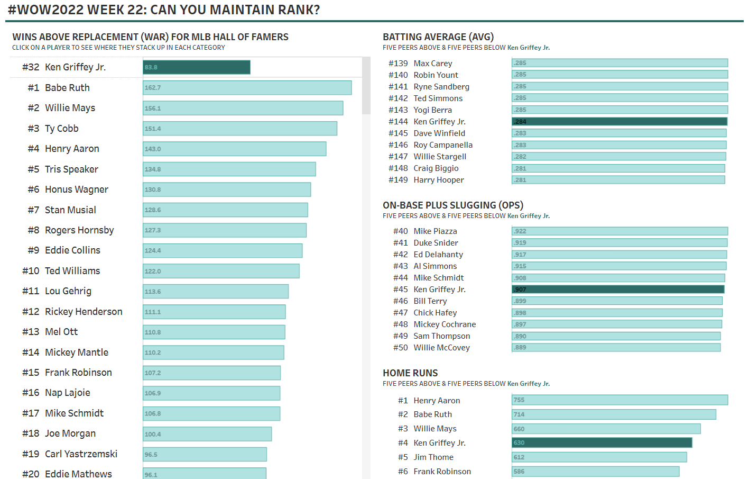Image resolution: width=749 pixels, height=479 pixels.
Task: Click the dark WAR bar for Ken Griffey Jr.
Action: [x=197, y=67]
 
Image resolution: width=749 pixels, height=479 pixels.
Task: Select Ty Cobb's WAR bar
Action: [x=240, y=129]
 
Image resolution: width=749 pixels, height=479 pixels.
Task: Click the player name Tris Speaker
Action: [x=71, y=169]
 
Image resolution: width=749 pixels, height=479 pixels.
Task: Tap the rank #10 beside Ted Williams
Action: [x=31, y=271]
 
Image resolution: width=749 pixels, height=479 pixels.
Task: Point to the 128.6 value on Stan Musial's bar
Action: [x=153, y=210]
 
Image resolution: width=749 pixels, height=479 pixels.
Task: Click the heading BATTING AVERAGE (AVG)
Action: [x=438, y=37]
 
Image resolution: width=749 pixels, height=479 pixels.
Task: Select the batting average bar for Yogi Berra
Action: [x=619, y=110]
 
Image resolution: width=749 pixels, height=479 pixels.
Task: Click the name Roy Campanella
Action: [x=443, y=145]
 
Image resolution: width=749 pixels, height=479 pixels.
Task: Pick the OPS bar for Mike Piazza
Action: [x=619, y=231]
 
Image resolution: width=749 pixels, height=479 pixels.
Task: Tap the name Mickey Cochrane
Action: [x=445, y=324]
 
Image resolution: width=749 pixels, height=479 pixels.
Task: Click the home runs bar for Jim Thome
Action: [x=599, y=457]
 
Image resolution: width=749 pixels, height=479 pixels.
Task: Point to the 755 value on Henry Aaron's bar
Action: [x=519, y=400]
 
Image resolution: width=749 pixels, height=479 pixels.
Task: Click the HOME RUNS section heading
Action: [x=410, y=373]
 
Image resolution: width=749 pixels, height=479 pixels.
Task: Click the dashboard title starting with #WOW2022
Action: [x=164, y=10]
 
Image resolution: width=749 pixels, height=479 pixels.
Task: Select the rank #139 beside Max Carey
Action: [x=398, y=64]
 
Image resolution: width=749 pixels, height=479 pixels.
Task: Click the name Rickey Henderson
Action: [x=84, y=312]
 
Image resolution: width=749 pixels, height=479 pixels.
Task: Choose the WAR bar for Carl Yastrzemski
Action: [x=205, y=454]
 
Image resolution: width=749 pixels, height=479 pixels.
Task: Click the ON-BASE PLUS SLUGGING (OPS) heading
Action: [x=453, y=205]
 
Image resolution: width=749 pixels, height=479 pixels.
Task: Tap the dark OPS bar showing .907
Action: [x=618, y=290]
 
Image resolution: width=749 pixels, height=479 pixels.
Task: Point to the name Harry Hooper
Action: [x=439, y=180]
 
